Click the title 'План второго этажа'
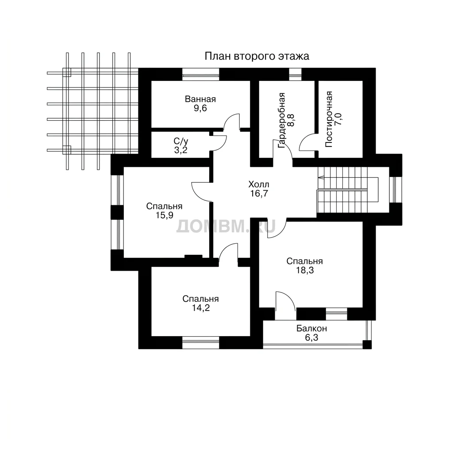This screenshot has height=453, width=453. [x=257, y=56]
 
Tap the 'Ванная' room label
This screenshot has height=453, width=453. [x=200, y=99]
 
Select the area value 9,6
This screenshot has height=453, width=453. [x=200, y=108]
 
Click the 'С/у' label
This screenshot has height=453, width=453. [x=181, y=141]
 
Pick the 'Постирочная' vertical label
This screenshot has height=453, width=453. [x=329, y=119]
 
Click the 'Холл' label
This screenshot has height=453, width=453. [x=258, y=184]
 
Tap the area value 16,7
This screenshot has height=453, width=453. [x=259, y=193]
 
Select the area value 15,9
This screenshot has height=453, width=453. [x=165, y=215]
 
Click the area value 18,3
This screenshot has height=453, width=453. [x=304, y=270]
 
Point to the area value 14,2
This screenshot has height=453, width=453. [x=201, y=308]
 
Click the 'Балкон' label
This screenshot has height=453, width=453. [x=311, y=329]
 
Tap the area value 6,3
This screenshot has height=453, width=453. [x=311, y=338]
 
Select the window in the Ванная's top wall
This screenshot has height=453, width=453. [x=200, y=74]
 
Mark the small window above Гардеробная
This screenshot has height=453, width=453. [x=295, y=74]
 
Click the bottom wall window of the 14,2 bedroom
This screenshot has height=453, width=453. [x=200, y=343]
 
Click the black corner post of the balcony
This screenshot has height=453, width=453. [x=367, y=345]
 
